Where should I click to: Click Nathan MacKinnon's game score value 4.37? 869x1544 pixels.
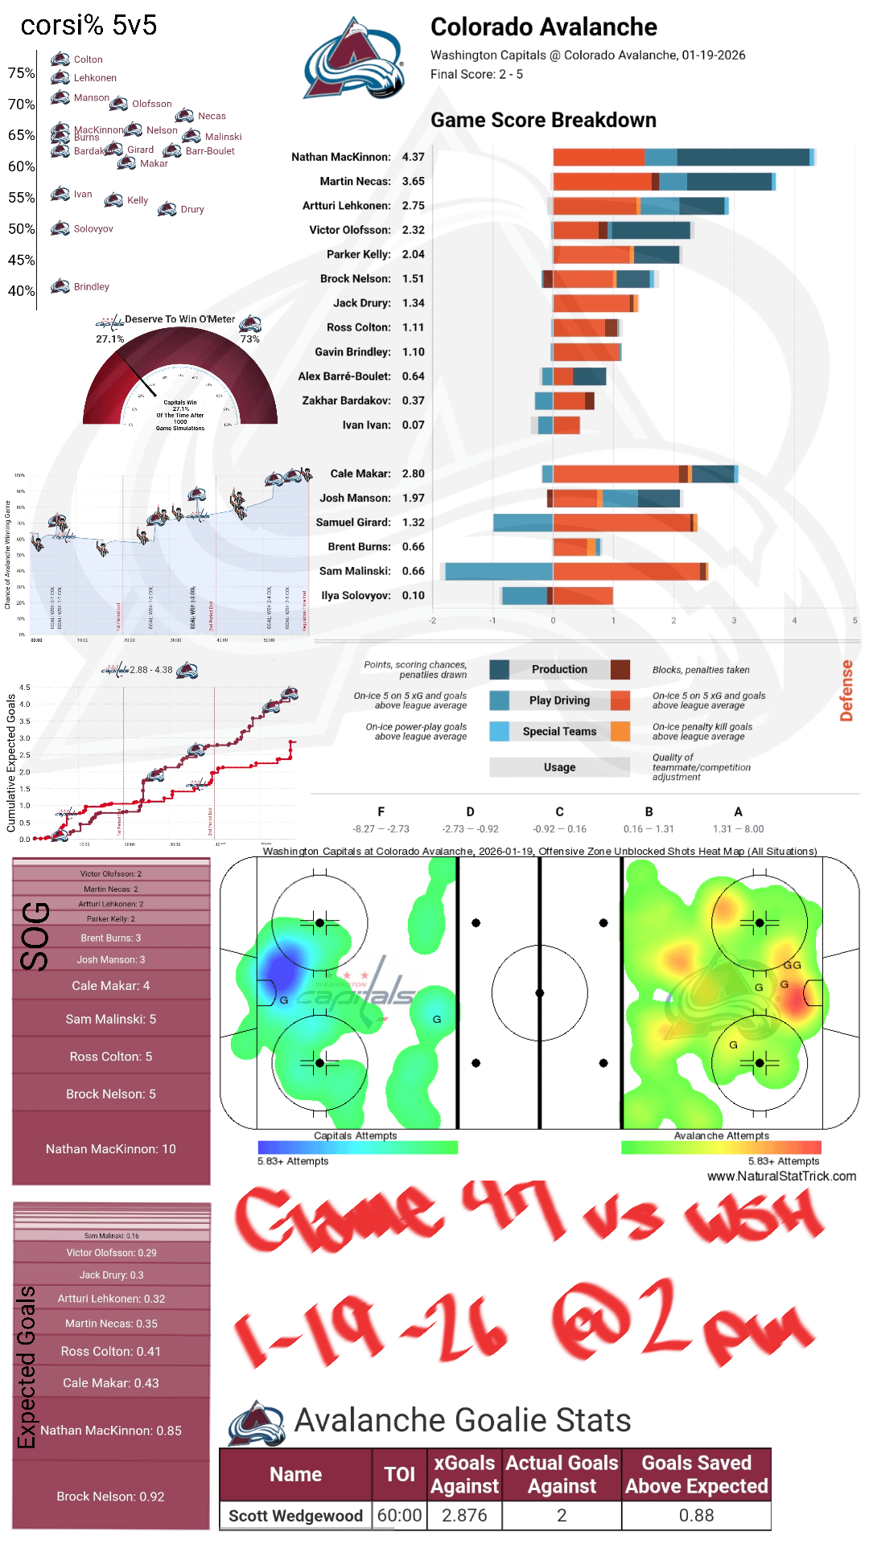coord(413,157)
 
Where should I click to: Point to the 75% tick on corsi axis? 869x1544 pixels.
coord(22,73)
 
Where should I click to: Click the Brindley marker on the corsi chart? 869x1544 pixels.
coord(60,286)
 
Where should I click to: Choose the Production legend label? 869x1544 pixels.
coord(559,669)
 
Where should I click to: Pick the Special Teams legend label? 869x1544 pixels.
coord(559,731)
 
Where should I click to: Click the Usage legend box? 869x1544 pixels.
coord(559,767)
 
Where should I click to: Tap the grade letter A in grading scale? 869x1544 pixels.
coord(738,811)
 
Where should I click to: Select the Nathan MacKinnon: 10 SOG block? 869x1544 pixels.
coord(111,1148)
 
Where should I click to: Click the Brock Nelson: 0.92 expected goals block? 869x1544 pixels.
coord(111,1496)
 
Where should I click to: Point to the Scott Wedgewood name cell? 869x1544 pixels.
coord(295,1515)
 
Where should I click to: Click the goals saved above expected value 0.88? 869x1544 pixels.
coord(696,1515)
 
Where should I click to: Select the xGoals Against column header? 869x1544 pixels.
coord(464,1474)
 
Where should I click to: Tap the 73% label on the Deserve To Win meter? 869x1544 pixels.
coord(250,339)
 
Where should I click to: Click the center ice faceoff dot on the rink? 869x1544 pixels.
coord(540,992)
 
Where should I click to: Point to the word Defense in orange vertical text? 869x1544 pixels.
coord(846,690)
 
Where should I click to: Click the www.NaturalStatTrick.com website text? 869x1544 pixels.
coord(781,1176)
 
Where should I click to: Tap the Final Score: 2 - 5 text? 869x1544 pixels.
coord(476,74)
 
